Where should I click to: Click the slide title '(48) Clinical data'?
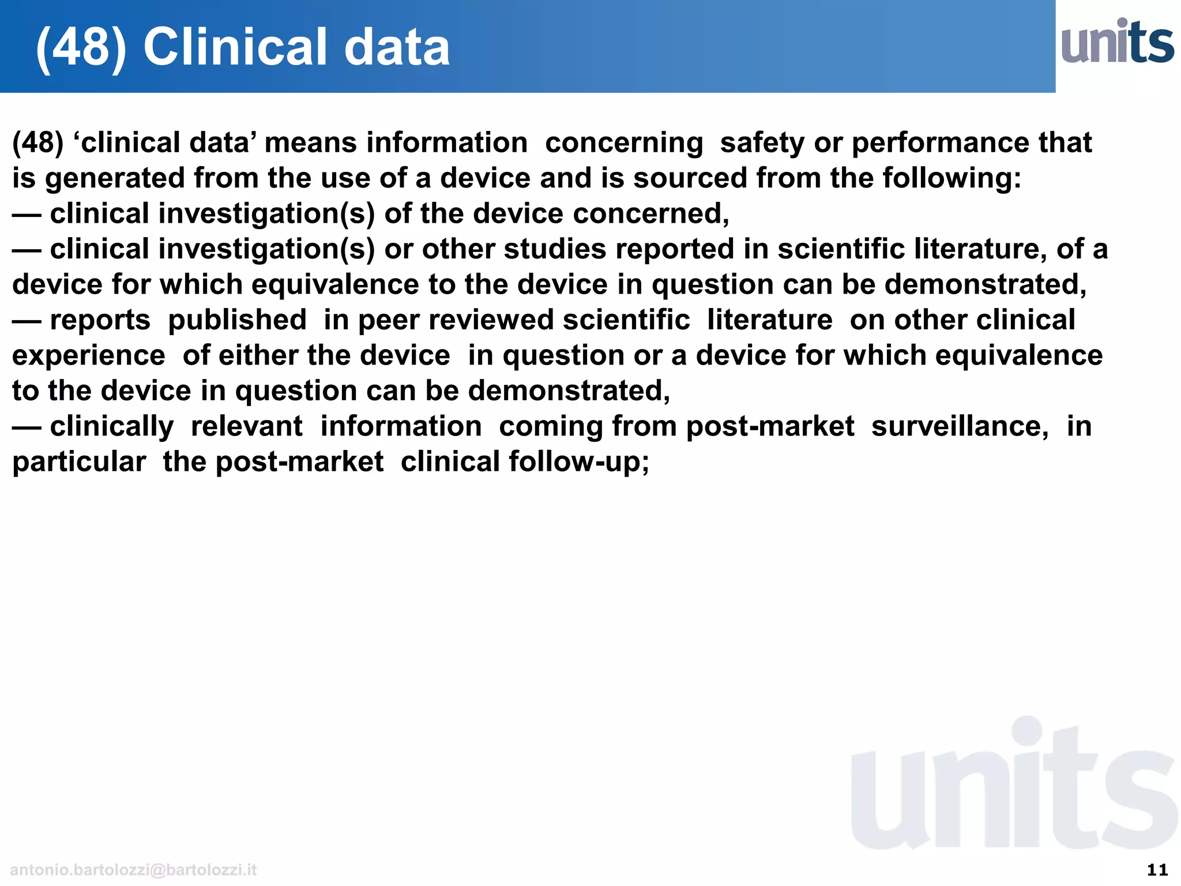click(243, 47)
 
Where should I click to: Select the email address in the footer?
click(133, 870)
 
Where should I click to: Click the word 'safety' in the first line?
click(762, 143)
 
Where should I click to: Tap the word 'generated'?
click(115, 178)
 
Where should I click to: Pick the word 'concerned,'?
click(651, 214)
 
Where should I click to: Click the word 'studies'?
click(554, 249)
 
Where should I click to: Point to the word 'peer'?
click(392, 320)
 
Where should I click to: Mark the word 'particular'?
click(79, 462)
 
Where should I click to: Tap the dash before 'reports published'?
click(27, 321)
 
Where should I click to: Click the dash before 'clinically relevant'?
click(27, 427)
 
